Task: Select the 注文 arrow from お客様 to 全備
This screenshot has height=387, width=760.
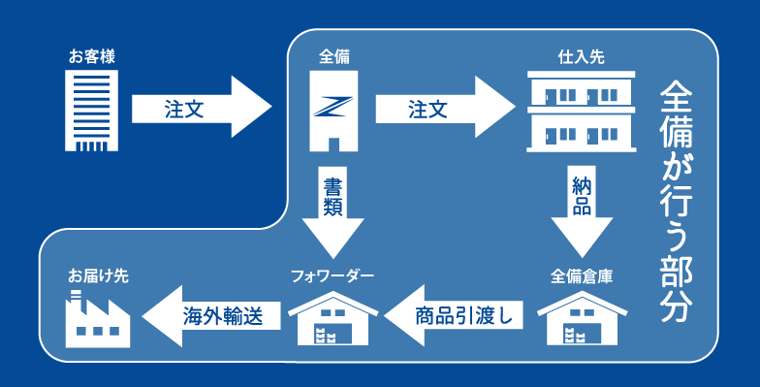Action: click(199, 109)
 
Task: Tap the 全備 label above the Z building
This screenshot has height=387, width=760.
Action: click(333, 57)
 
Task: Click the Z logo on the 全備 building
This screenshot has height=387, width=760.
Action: click(333, 104)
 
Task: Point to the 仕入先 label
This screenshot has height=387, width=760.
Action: click(581, 57)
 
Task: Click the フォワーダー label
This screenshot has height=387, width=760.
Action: click(332, 275)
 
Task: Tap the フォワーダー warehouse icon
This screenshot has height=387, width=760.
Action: click(332, 316)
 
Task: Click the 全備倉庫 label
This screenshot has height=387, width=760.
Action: click(581, 275)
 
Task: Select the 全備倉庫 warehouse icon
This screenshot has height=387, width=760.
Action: click(581, 316)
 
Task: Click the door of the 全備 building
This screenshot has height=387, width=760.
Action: click(333, 144)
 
